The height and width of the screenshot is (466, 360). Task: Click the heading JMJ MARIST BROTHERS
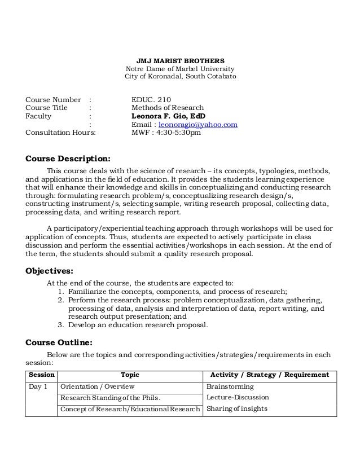click(181, 59)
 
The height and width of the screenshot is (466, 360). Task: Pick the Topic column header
click(130, 375)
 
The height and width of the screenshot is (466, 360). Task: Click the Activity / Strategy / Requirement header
click(269, 375)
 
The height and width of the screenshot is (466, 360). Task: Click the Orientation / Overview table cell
click(97, 386)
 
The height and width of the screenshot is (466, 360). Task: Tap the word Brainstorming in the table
click(230, 386)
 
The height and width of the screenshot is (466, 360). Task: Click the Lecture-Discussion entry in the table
click(238, 397)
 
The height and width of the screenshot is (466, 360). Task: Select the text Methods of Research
click(167, 108)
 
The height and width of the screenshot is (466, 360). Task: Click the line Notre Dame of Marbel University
click(181, 68)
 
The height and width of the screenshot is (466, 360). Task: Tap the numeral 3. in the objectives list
click(61, 324)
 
